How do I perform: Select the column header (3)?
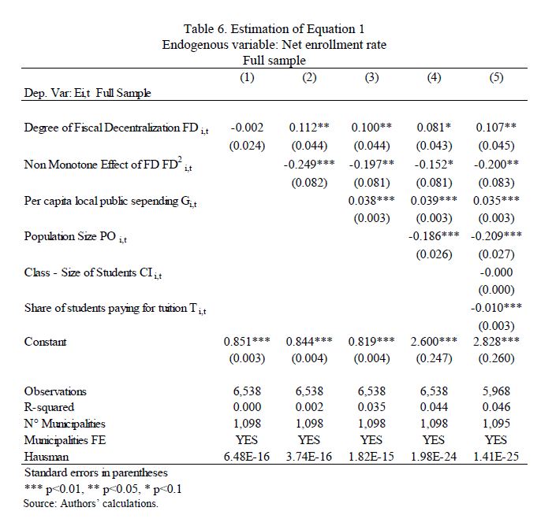tap(371, 77)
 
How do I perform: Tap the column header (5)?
tap(496, 77)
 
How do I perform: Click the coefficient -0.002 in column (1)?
tap(247, 128)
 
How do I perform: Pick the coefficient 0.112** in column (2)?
tap(309, 128)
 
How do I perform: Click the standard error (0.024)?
tap(247, 145)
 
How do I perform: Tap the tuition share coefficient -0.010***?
tap(496, 307)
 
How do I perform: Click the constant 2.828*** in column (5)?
tap(496, 342)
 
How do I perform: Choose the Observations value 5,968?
tap(496, 391)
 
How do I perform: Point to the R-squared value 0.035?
tap(371, 407)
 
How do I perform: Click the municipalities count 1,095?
tap(496, 424)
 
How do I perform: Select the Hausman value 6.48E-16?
tap(247, 456)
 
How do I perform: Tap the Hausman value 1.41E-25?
tap(496, 456)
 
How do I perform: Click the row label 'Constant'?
tap(46, 342)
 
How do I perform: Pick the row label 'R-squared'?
tap(50, 407)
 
